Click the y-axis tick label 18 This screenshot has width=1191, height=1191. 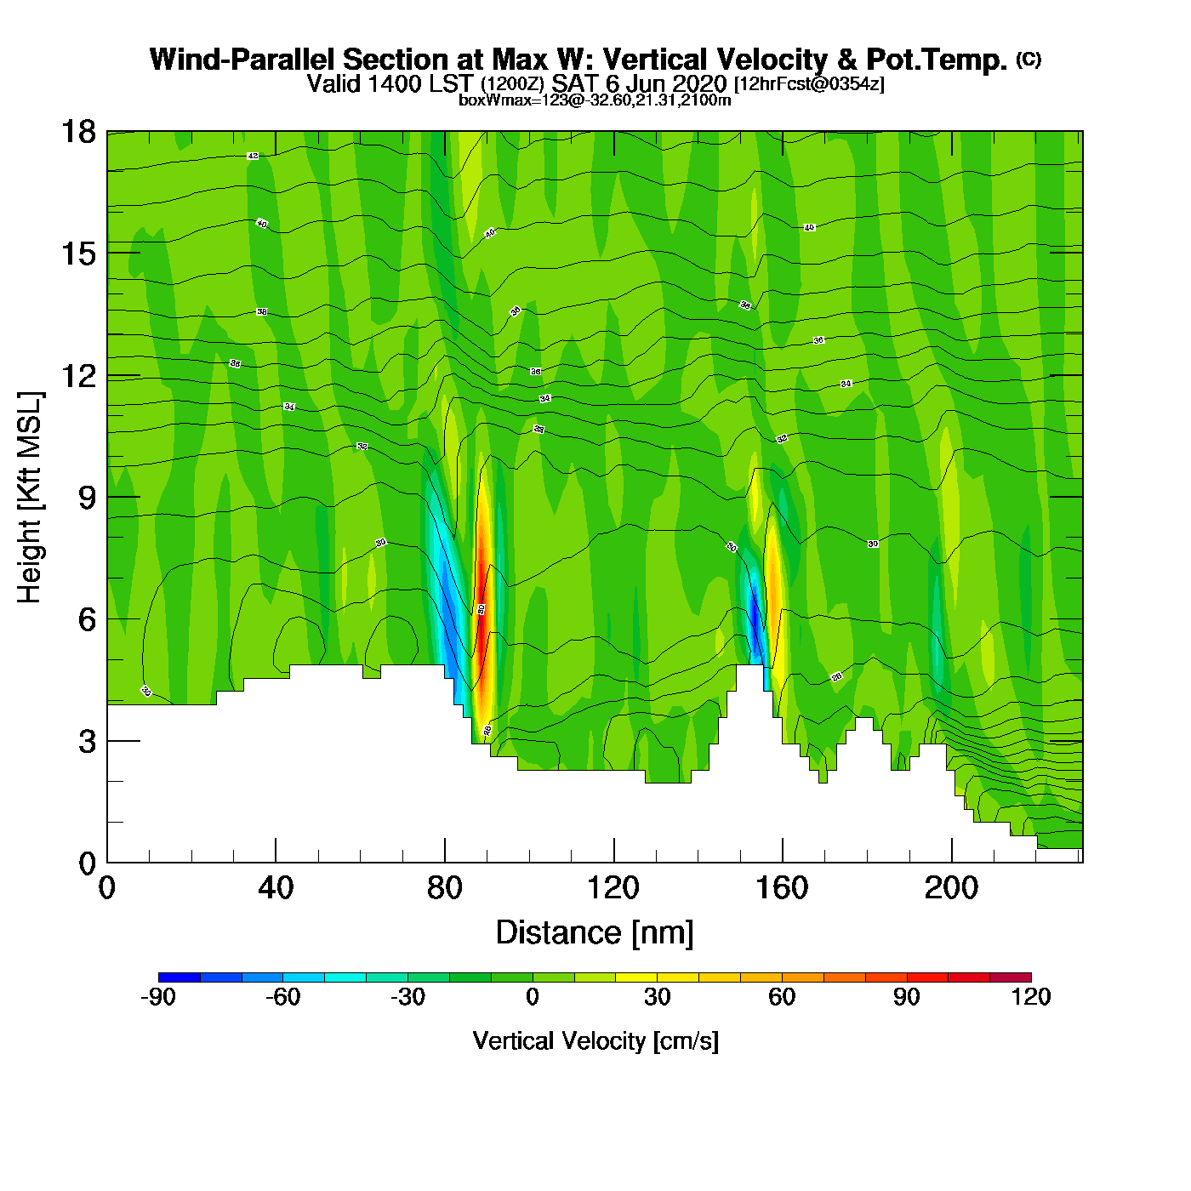click(x=77, y=132)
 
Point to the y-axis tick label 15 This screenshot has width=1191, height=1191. click(x=77, y=254)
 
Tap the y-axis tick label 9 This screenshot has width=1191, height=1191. click(x=87, y=498)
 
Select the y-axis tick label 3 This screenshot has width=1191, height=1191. click(x=87, y=742)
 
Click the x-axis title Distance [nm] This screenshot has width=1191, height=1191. click(x=595, y=933)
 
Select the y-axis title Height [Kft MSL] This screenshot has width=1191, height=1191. click(x=30, y=498)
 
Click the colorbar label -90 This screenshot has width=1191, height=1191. click(x=158, y=997)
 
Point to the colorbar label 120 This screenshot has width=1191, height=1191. click(x=1031, y=997)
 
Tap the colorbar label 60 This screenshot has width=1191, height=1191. click(x=782, y=997)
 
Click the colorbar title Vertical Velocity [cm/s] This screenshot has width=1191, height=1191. click(x=595, y=1041)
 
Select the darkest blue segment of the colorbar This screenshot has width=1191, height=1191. click(x=180, y=977)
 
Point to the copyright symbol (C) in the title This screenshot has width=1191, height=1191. click(x=1029, y=59)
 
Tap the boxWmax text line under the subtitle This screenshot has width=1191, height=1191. click(x=595, y=100)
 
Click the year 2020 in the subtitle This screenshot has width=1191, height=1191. click(x=699, y=84)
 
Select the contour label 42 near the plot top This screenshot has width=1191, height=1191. click(x=253, y=157)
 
